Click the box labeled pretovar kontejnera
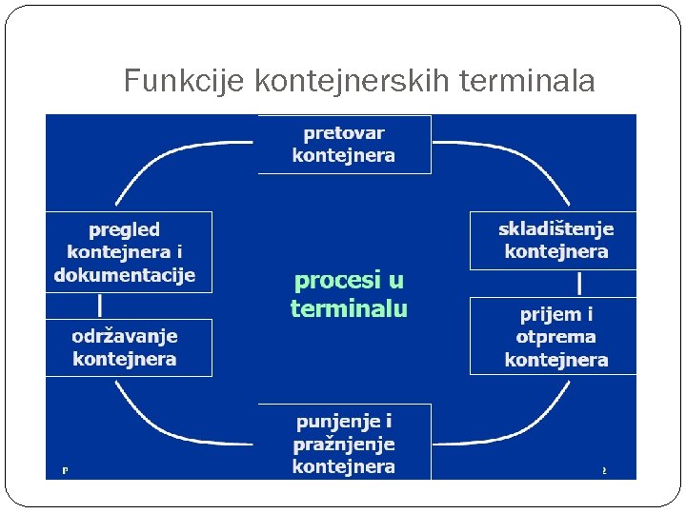(344, 145)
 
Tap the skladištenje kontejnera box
(554, 240)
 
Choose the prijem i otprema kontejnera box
(554, 336)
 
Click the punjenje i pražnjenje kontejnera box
(344, 443)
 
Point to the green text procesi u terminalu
(349, 294)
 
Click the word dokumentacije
(125, 275)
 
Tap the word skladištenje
(556, 228)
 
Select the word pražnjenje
(344, 444)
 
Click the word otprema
(556, 337)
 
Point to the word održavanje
(125, 336)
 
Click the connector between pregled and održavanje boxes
(100, 305)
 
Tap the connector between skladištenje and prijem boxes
(580, 284)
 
